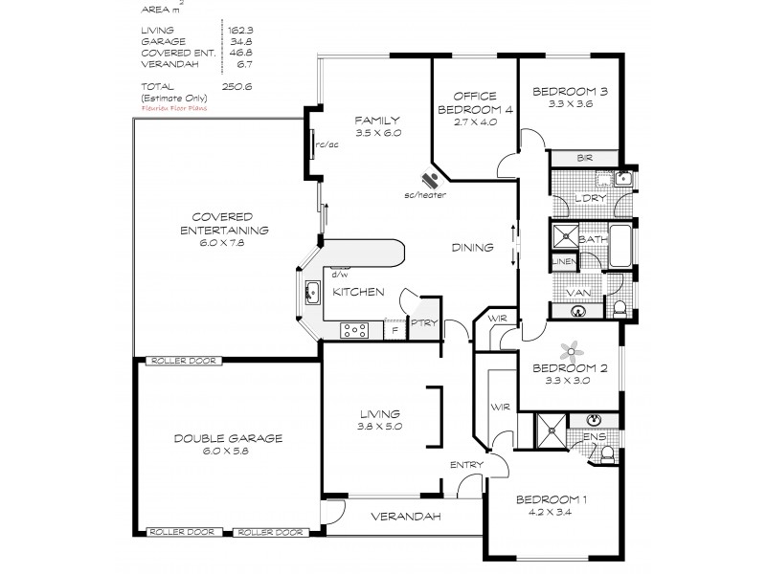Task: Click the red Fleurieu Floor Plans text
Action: click(x=174, y=108)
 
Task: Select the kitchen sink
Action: click(x=312, y=292)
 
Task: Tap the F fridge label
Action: click(x=393, y=331)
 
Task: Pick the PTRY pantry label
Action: click(x=423, y=323)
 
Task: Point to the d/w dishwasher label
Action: click(x=337, y=271)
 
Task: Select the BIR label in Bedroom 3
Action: click(x=584, y=158)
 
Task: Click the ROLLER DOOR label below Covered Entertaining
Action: click(x=182, y=361)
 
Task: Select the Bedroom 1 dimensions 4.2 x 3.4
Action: click(x=550, y=512)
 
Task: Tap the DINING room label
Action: click(x=473, y=248)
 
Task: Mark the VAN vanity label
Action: click(x=577, y=292)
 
